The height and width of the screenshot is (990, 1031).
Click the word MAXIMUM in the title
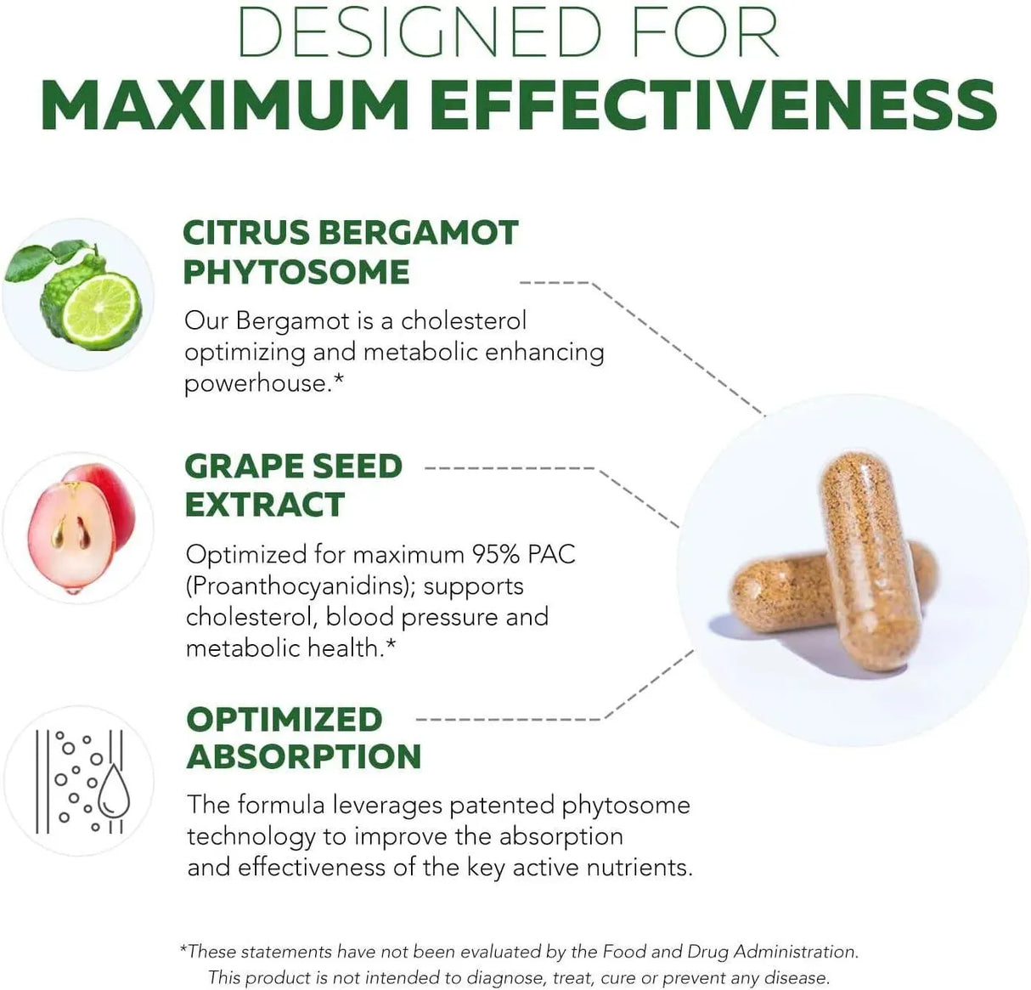[225, 105]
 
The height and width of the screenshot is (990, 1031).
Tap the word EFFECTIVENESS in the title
[713, 105]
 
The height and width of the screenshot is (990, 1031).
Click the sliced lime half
[102, 310]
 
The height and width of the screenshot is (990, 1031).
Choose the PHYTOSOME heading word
[296, 272]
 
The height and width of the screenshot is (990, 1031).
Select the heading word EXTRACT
[264, 504]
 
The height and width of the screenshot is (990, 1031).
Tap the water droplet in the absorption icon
[114, 795]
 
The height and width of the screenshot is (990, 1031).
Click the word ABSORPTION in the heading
[303, 756]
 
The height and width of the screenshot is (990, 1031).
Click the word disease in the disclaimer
[795, 977]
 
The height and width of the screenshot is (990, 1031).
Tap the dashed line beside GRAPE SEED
[510, 467]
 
